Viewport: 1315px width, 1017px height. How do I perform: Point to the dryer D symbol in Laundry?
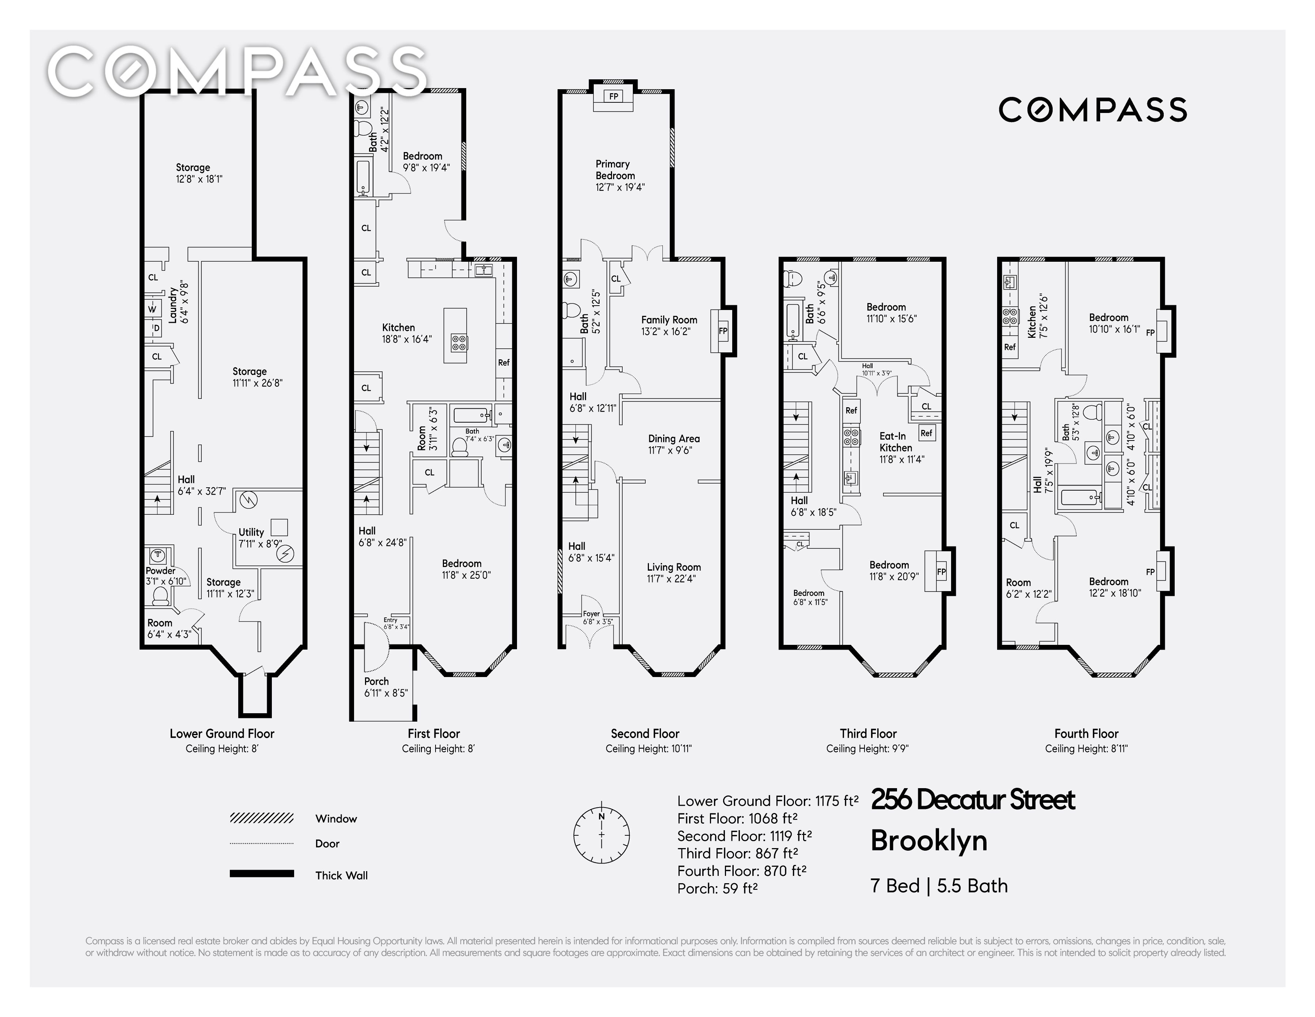coord(156,328)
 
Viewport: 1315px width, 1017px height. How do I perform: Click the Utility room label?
coord(251,532)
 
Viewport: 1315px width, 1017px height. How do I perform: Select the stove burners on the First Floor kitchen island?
coord(459,343)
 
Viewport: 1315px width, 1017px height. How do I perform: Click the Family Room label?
coord(669,320)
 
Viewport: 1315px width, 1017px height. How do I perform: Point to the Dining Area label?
coord(674,439)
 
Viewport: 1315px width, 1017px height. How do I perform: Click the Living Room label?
coord(674,567)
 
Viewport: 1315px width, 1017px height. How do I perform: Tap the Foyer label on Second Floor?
coord(591,614)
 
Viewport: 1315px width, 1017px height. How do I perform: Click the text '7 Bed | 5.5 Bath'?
coord(939,886)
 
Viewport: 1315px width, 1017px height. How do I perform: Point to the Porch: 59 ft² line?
coord(717,888)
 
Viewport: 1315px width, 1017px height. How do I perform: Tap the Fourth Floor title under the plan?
coord(1086,733)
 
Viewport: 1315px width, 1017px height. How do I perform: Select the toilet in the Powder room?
coord(160,595)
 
